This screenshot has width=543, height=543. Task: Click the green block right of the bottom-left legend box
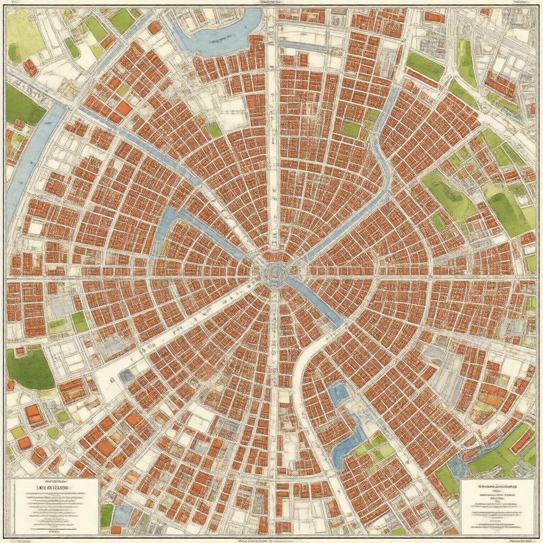[107, 515]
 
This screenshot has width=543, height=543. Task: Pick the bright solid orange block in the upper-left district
[124, 108]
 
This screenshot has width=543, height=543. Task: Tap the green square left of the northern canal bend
[351, 129]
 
